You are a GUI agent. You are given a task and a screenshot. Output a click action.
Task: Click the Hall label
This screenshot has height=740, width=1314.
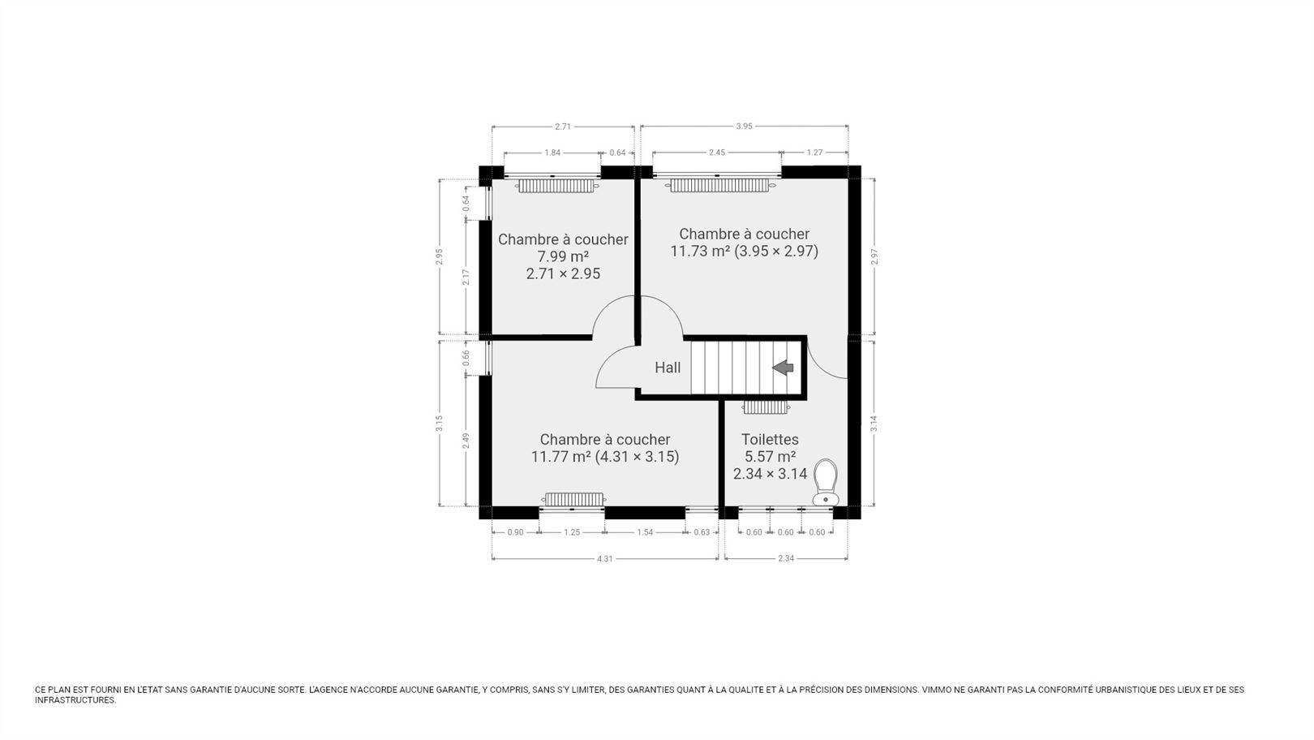click(668, 368)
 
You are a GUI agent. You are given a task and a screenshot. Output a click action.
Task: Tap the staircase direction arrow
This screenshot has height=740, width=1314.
click(783, 368)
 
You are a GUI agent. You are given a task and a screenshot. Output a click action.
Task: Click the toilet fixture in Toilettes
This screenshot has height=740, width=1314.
click(826, 482)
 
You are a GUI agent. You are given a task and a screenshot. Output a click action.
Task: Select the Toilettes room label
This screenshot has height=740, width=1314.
click(770, 440)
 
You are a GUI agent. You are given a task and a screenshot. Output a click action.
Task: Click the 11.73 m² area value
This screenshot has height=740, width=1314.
click(701, 252)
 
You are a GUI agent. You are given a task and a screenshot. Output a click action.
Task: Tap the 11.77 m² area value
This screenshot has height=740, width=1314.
click(560, 457)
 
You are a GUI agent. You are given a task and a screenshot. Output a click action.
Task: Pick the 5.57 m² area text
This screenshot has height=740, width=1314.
click(770, 457)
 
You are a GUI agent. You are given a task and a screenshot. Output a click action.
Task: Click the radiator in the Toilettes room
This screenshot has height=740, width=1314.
click(765, 407)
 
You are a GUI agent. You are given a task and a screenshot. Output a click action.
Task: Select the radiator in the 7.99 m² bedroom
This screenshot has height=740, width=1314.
click(556, 186)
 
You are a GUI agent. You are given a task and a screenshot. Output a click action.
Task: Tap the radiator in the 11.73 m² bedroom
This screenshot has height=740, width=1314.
click(719, 186)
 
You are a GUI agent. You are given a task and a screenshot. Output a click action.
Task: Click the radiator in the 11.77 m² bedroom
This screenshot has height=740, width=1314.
click(573, 499)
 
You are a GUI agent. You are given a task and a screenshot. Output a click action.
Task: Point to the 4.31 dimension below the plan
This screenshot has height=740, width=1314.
click(605, 559)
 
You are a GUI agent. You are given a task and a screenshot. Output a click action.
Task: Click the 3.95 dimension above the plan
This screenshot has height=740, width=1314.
click(744, 126)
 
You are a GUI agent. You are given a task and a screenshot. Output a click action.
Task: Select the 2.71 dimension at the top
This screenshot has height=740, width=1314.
click(563, 126)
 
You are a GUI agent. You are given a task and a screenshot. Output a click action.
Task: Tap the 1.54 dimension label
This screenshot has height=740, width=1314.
click(645, 532)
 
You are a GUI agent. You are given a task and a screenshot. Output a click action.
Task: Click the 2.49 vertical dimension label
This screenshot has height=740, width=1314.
click(466, 441)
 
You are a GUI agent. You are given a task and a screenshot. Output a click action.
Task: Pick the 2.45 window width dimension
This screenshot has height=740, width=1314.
click(717, 153)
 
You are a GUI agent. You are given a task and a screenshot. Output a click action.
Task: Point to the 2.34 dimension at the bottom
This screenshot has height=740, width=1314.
click(786, 559)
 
